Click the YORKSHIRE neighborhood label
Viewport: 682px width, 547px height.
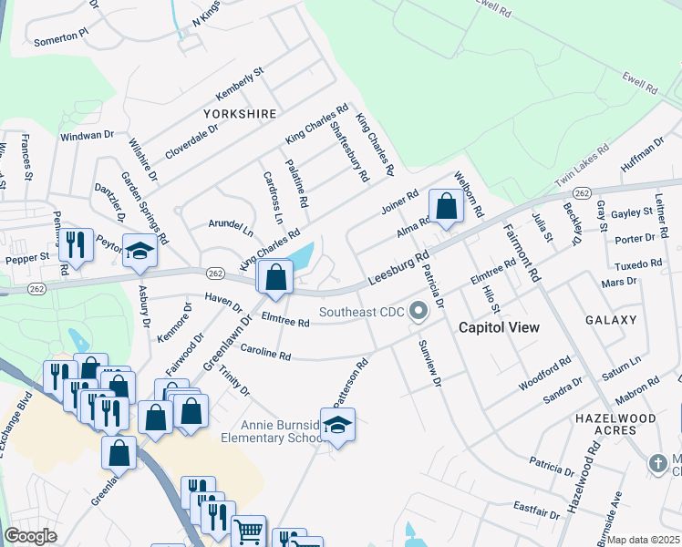[240, 114]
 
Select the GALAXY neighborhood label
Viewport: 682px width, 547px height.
[611, 320]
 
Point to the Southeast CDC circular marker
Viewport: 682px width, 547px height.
[418, 313]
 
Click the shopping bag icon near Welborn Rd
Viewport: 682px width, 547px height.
[447, 206]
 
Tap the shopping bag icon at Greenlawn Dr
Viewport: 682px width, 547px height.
[275, 277]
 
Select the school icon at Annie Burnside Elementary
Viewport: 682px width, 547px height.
[337, 425]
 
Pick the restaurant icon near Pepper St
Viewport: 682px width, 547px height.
[76, 244]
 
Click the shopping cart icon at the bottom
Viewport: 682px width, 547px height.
[248, 532]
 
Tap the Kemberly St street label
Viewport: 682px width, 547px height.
[239, 83]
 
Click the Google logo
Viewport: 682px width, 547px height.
[30, 536]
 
